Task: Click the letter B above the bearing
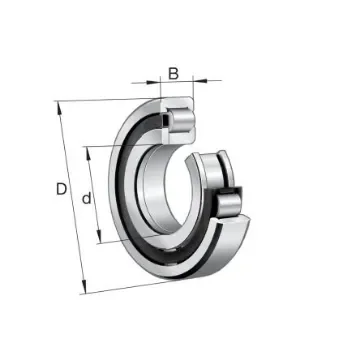(174, 72)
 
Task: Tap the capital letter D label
(61, 189)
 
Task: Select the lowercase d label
(88, 199)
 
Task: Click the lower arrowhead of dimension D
(83, 290)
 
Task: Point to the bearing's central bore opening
(160, 190)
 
